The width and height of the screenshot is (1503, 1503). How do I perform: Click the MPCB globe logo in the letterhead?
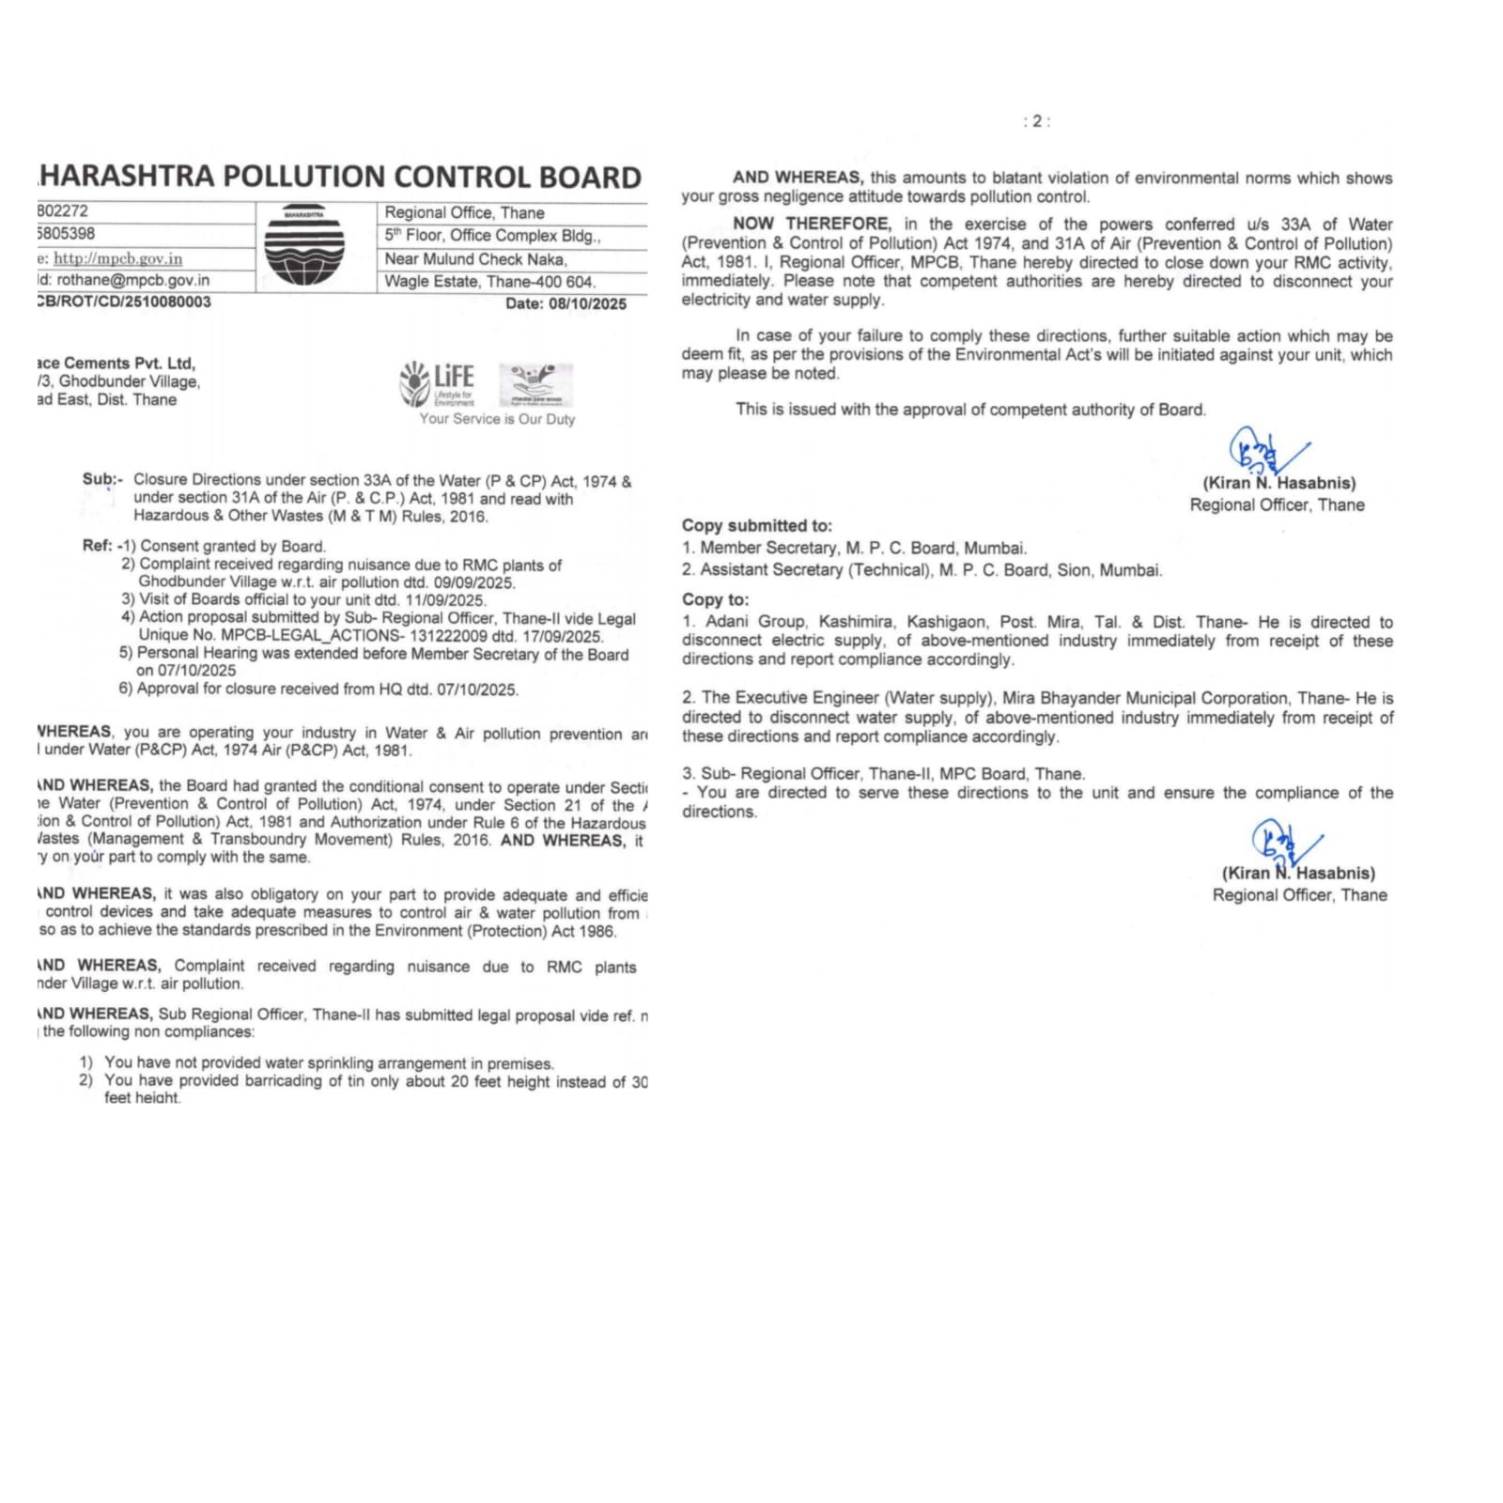point(303,245)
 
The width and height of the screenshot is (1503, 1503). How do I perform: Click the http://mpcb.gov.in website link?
point(117,258)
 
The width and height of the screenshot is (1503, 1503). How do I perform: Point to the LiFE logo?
point(438,383)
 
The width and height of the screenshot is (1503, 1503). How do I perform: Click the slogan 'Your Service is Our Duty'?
point(497,419)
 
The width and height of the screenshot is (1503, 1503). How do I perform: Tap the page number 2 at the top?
point(1037,121)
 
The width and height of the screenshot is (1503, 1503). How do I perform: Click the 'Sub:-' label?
point(101,479)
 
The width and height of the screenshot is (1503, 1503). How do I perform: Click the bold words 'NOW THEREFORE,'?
point(812,224)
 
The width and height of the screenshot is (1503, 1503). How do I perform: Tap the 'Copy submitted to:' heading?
point(757,526)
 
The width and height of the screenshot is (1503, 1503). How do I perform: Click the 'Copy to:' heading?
point(716,599)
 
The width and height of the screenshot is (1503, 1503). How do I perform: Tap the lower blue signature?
point(1281,844)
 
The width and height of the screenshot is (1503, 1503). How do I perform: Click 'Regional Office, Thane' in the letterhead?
point(464,213)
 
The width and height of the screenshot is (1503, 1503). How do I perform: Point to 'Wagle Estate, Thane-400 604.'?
point(489,282)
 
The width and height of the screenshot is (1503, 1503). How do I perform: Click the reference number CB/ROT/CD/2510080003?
point(124,302)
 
